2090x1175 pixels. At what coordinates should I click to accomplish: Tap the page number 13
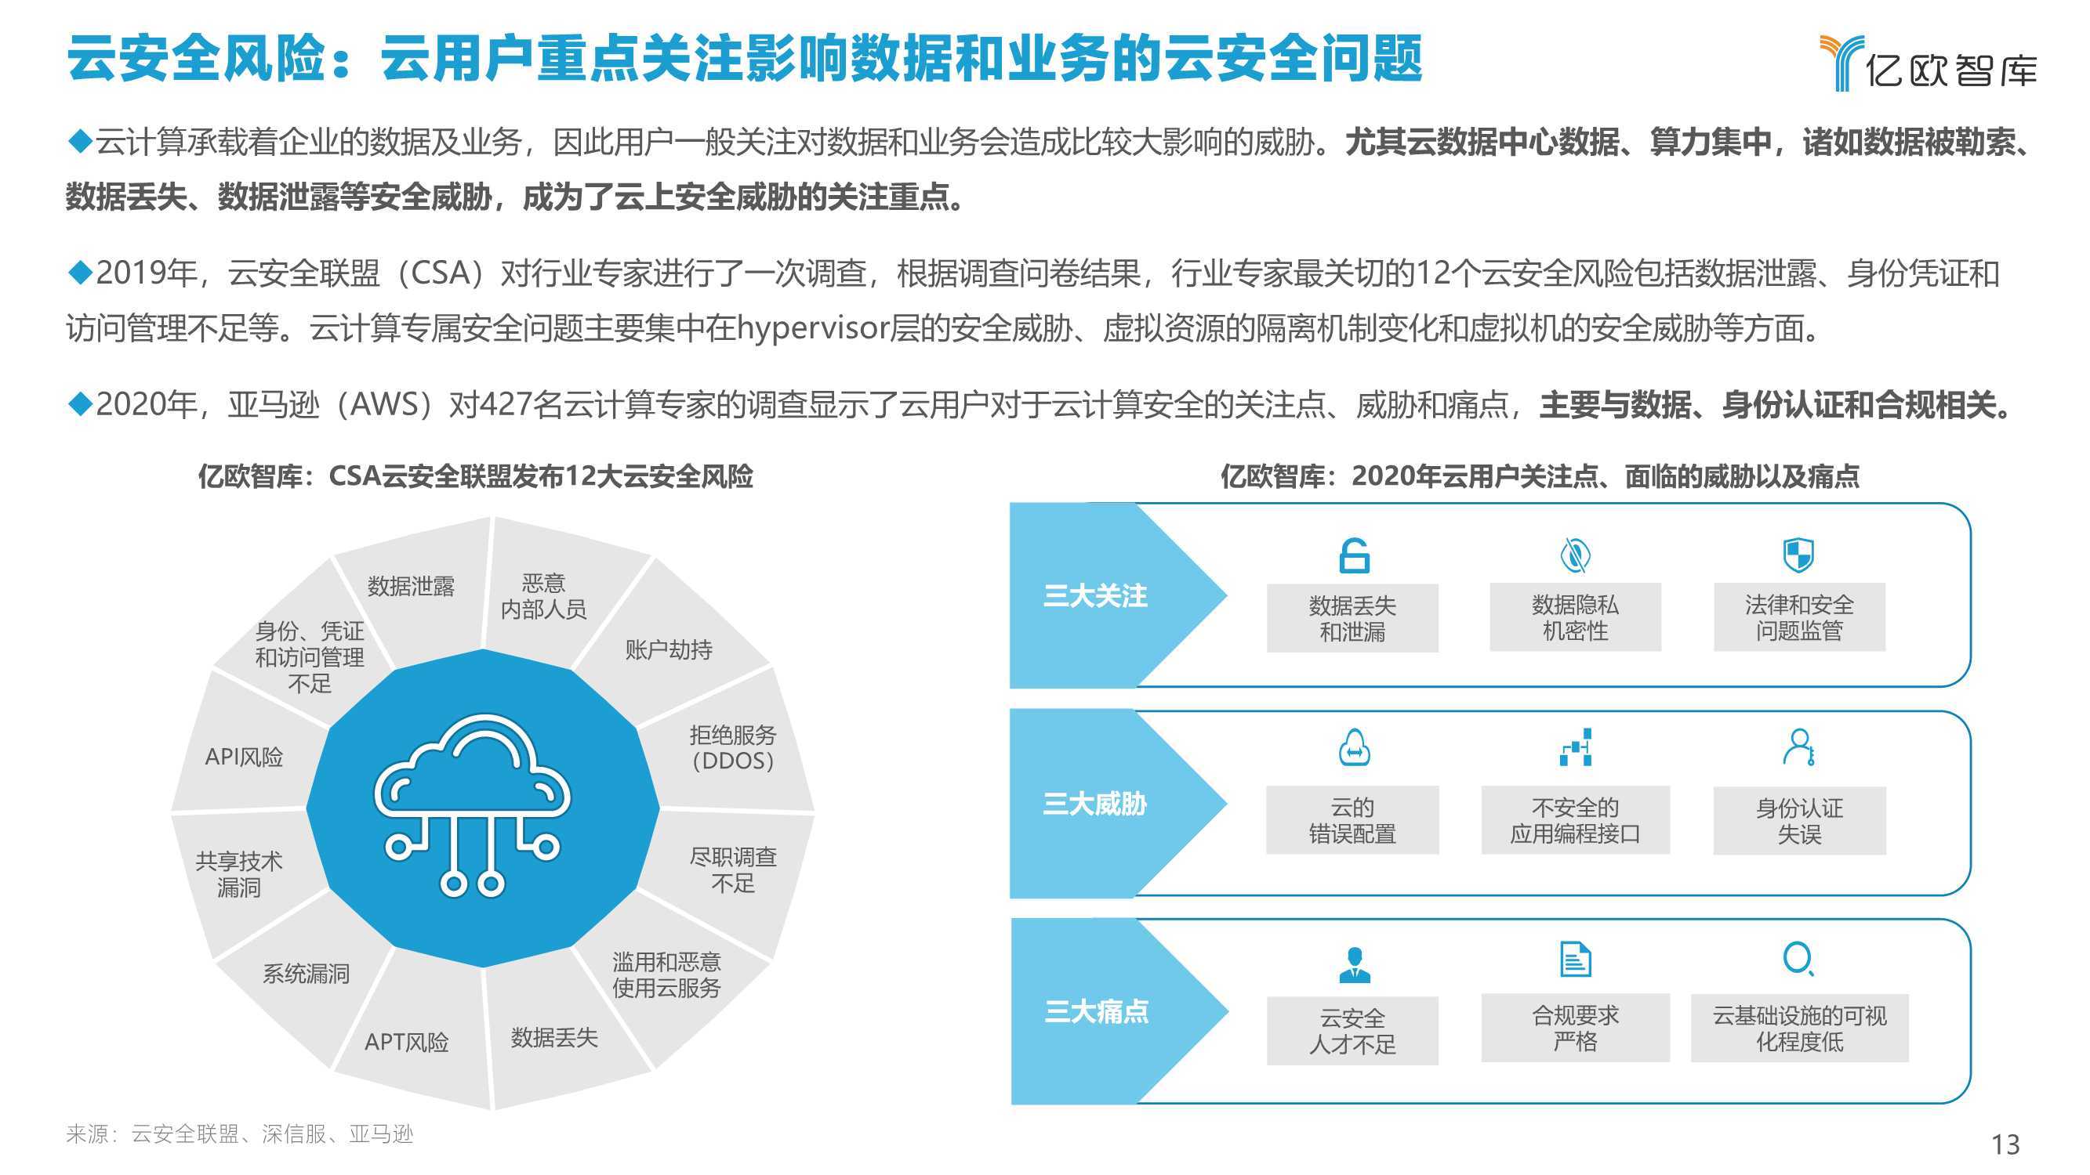2005,1144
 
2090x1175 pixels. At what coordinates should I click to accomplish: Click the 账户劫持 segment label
669,649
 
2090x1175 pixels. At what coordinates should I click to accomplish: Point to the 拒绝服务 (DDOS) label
733,747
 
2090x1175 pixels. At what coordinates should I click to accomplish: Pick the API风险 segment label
245,757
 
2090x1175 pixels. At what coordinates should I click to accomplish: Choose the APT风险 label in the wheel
407,1041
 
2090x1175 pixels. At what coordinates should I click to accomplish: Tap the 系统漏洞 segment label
306,973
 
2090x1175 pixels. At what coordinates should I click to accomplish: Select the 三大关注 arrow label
1094,596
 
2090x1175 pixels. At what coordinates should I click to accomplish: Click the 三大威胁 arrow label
1094,804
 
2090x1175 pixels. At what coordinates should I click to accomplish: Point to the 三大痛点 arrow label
1096,1011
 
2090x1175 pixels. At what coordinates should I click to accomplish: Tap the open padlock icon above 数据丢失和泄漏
1353,555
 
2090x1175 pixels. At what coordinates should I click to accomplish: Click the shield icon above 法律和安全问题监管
1798,555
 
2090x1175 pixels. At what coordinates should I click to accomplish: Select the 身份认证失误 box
1799,821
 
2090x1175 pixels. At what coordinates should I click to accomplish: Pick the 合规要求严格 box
1576,1028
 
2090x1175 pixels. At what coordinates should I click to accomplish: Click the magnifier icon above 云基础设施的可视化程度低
1798,959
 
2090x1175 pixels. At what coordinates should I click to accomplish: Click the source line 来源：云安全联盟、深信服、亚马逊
239,1133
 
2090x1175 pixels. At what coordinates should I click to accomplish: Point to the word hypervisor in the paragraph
813,329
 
